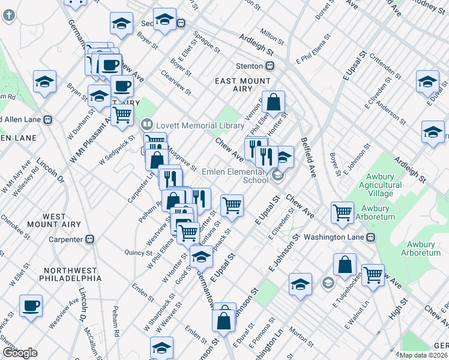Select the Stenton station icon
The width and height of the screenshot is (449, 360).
pos(271,65)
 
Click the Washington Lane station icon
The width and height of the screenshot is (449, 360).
pos(371,237)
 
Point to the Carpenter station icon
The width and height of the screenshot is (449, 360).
pos(90,239)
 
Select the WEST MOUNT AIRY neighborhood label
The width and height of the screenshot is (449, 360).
pos(62,220)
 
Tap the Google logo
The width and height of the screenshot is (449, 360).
pos(20,353)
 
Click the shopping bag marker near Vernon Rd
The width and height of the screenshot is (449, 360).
pos(273,103)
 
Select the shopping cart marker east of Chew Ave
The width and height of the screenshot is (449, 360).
pos(342,212)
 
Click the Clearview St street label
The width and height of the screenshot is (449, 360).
pos(176,84)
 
